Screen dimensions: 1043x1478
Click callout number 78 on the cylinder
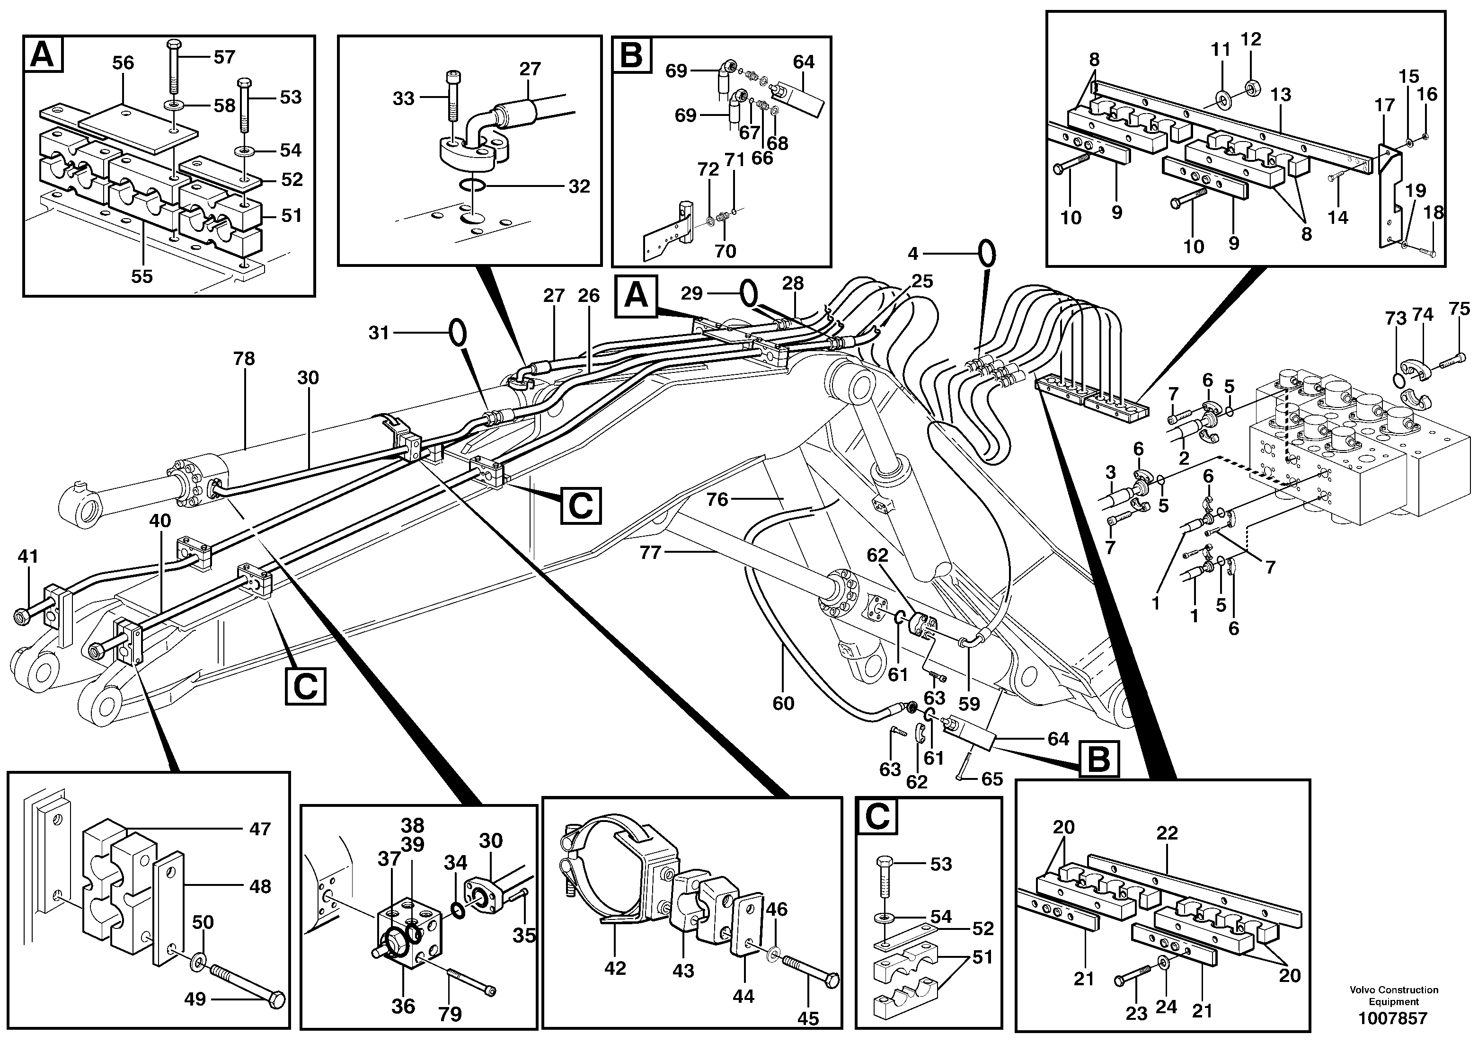click(x=244, y=359)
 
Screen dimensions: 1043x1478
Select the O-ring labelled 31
click(x=456, y=332)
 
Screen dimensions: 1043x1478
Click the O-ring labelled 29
click(x=748, y=293)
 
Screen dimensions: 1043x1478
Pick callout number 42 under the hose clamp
click(x=615, y=968)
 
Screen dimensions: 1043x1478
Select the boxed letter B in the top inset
click(x=631, y=55)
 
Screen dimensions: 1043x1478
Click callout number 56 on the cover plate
click(x=123, y=62)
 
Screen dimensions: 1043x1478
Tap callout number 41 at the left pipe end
click(x=27, y=556)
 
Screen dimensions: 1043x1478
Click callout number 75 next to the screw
click(x=1460, y=309)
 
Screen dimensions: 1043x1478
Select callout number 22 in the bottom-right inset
click(x=1167, y=833)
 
